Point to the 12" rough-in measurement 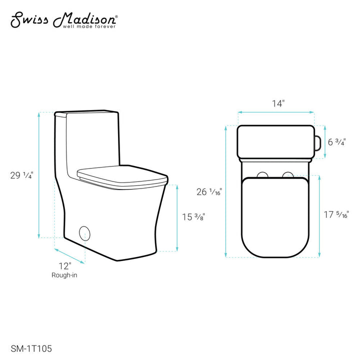(x=64, y=265)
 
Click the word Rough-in (x=64, y=275)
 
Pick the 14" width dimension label (x=278, y=103)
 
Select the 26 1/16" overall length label (x=209, y=191)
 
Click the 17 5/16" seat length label (x=336, y=215)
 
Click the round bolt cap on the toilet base (x=84, y=233)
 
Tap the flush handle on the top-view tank (x=316, y=141)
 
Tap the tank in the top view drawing (x=274, y=141)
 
